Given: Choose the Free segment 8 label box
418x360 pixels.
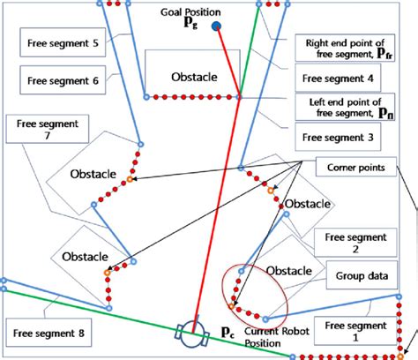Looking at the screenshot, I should click(x=50, y=334).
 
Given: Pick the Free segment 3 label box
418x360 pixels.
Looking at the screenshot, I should click(x=337, y=138).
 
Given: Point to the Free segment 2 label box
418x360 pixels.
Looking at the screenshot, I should click(x=355, y=243).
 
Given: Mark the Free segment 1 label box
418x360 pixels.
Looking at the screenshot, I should click(x=355, y=331).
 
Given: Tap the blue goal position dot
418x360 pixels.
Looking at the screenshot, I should click(x=216, y=26).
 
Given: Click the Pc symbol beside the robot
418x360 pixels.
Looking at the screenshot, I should click(x=227, y=332).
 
